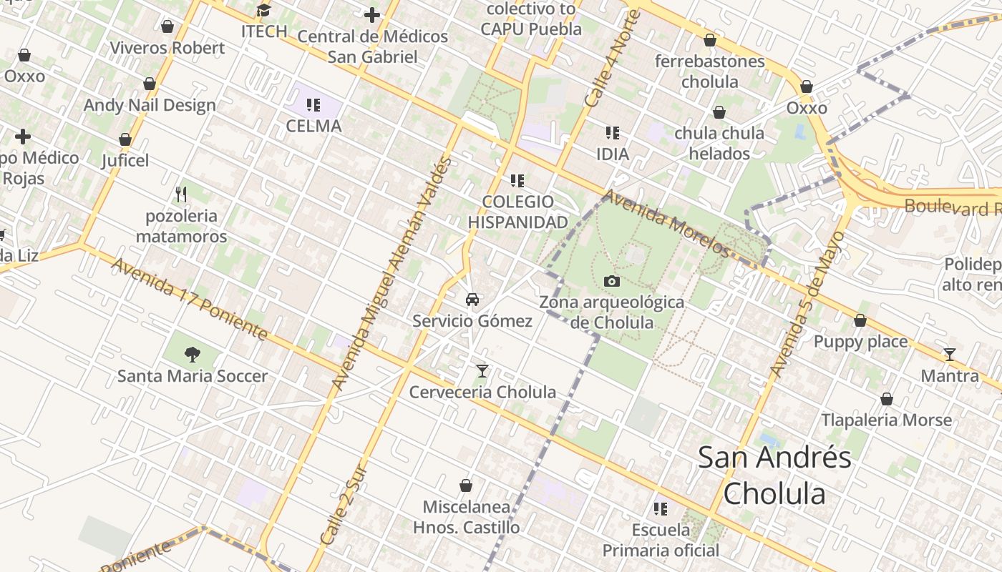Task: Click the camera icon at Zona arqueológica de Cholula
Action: [611, 281]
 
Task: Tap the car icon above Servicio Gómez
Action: [472, 300]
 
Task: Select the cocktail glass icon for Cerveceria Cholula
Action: [482, 370]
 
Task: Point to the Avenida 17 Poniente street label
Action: [190, 300]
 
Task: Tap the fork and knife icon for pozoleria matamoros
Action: [181, 194]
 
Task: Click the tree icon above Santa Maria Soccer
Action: [192, 354]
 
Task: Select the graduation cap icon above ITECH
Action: [264, 10]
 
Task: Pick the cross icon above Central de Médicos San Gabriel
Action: [372, 14]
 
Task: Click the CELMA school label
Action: [313, 126]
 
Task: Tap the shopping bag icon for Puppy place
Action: [860, 320]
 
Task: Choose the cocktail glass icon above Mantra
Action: [950, 354]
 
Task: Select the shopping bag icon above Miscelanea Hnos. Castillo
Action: [466, 485]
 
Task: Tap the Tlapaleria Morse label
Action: [886, 420]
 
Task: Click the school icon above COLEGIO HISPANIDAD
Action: [517, 181]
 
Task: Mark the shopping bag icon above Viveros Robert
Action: [167, 26]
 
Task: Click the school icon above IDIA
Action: [612, 132]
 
